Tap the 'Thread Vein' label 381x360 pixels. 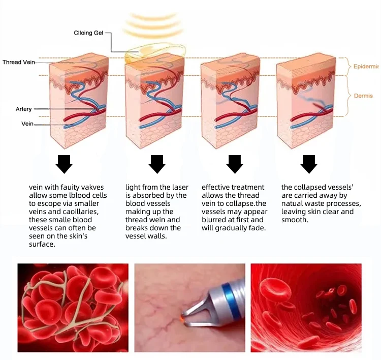[19, 62]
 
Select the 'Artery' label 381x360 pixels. [23, 109]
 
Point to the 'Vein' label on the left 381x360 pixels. [27, 124]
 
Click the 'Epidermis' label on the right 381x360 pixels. [366, 67]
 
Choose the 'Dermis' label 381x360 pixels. [363, 96]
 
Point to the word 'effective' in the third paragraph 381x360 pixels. [217, 188]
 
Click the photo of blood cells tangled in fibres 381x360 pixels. [73, 308]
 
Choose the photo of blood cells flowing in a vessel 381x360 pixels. [305, 308]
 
